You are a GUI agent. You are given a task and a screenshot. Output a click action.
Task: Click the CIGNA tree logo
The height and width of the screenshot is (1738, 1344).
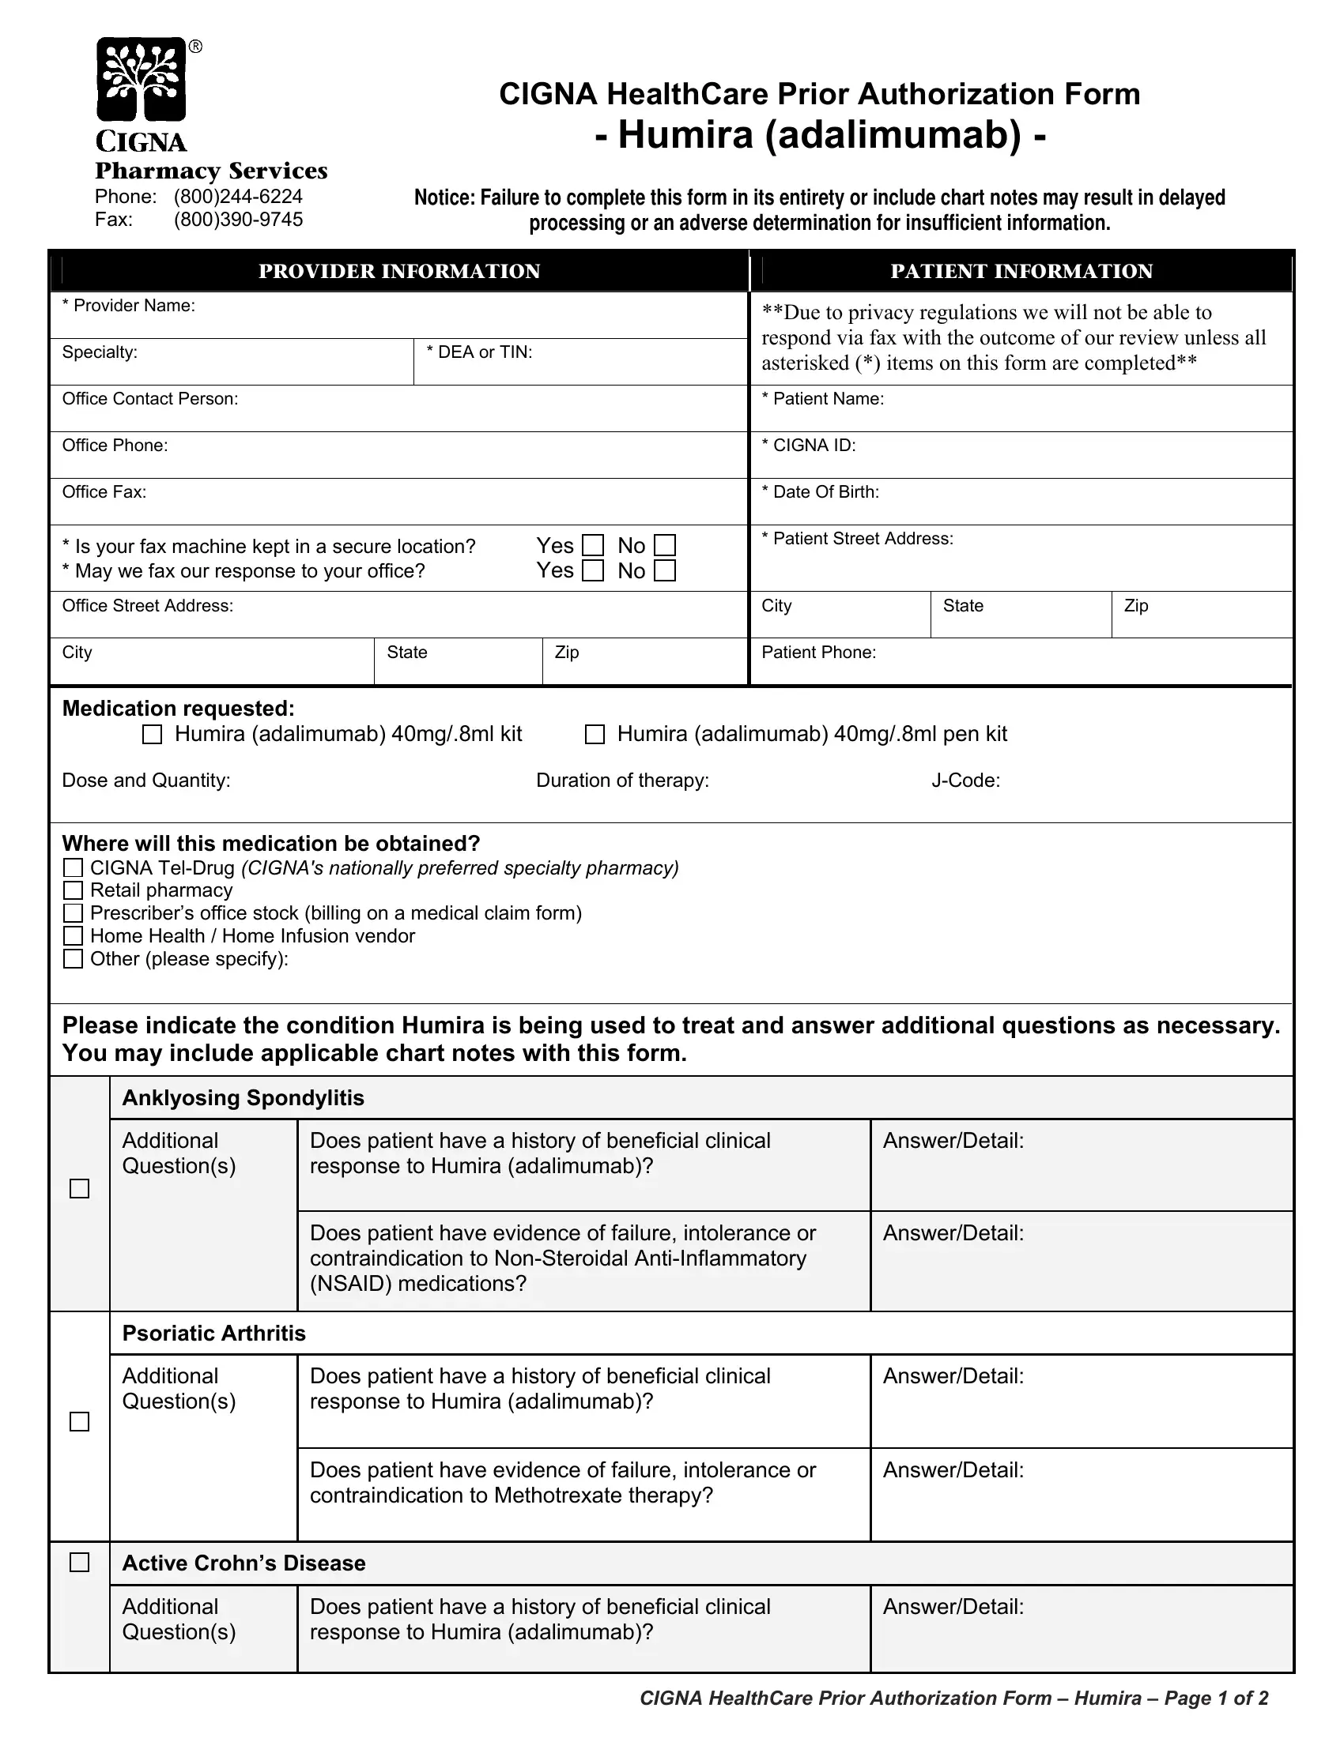(141, 80)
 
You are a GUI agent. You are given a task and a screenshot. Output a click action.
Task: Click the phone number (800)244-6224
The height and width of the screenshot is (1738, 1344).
(238, 197)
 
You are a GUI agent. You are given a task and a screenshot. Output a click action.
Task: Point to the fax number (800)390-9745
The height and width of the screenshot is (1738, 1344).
(238, 220)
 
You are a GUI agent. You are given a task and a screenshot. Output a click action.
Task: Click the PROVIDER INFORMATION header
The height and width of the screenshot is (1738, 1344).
(399, 271)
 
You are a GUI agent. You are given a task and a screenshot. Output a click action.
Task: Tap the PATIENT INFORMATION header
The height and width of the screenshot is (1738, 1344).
(1021, 271)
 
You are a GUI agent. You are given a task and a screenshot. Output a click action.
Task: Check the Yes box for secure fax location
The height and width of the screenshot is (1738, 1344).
(593, 546)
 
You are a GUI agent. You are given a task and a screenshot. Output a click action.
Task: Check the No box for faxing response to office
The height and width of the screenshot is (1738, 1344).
(665, 571)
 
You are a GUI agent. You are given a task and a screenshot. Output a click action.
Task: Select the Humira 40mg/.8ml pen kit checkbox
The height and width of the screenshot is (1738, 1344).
(595, 735)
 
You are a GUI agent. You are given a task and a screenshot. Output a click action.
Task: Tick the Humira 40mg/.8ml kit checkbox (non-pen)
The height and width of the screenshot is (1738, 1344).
(152, 735)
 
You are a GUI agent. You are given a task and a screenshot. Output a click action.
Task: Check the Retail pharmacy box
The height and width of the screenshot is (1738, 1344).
(74, 890)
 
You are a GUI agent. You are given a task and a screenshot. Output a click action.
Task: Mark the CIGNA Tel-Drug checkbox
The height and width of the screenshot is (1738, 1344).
(74, 868)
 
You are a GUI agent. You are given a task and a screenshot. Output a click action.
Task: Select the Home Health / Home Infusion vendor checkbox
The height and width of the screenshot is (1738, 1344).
(74, 936)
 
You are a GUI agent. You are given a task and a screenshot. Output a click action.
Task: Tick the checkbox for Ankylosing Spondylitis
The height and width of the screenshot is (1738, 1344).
(80, 1189)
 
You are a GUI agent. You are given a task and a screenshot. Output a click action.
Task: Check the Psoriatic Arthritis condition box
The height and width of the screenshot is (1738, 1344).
(80, 1422)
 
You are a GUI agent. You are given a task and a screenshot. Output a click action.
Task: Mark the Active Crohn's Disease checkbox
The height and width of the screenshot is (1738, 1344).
(80, 1563)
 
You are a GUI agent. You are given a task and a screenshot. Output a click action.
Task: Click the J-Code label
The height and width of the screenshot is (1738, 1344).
(965, 781)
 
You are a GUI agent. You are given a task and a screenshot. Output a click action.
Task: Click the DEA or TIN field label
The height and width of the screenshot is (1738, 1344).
(480, 352)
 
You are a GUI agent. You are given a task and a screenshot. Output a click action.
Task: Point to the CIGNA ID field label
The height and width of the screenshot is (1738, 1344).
(809, 446)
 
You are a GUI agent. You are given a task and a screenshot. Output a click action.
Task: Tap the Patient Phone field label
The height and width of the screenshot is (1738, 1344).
(818, 653)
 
